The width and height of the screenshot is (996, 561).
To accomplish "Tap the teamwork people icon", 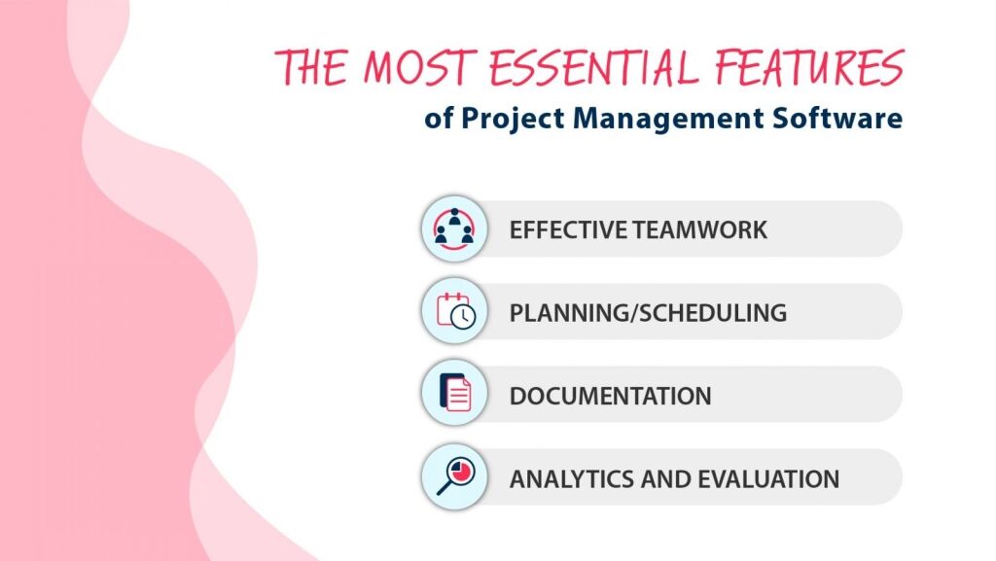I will (x=453, y=229).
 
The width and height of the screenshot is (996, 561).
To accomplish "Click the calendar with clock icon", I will (x=453, y=312).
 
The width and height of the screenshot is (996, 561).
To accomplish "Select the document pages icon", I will (x=453, y=395).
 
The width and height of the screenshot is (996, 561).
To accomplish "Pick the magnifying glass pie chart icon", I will (x=453, y=477).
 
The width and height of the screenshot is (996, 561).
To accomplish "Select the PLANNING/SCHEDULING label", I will (x=648, y=313).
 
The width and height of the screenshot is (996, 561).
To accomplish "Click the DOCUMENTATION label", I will (x=610, y=396).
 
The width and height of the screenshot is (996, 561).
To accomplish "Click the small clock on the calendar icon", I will (x=466, y=319).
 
